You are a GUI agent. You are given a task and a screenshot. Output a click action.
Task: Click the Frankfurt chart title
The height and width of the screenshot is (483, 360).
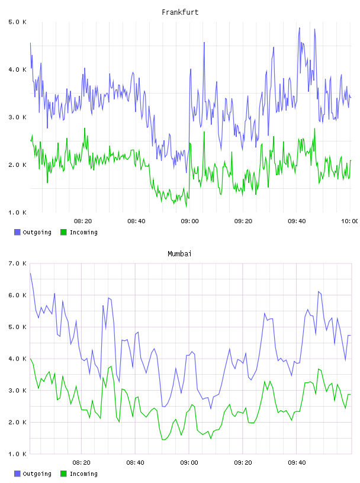180,12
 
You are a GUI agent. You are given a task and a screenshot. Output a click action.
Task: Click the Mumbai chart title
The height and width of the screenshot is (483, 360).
179,254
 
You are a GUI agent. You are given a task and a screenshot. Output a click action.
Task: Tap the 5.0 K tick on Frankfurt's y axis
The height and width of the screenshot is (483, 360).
17,22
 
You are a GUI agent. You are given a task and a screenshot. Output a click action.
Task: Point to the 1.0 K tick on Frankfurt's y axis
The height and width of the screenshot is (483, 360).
17,212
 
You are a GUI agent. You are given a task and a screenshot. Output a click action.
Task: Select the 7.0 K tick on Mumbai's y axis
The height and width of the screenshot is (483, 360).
17,263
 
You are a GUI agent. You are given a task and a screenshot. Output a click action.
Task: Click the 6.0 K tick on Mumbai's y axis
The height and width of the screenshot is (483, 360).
17,295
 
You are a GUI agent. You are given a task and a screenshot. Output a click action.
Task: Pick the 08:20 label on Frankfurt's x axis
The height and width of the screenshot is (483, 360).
83,221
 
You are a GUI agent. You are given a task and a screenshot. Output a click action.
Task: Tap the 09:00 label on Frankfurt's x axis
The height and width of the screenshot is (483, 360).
189,221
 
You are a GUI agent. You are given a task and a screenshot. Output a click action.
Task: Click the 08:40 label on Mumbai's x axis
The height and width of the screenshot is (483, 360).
135,463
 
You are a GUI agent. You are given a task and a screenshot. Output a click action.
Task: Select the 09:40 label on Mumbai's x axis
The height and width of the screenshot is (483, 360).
297,463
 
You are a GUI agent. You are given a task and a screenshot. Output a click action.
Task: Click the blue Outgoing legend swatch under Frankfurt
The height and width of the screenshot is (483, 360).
17,232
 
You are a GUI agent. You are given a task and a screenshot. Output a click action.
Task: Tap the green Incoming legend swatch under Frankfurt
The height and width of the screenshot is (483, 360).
63,232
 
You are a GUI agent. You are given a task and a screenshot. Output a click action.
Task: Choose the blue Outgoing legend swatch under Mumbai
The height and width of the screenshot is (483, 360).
17,474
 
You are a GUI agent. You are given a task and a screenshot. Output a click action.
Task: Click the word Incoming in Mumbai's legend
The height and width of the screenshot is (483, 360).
83,474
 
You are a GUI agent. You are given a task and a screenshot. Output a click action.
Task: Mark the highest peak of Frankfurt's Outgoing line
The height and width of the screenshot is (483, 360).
299,28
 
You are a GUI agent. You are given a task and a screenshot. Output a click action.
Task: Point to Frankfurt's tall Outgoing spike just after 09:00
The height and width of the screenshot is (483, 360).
204,43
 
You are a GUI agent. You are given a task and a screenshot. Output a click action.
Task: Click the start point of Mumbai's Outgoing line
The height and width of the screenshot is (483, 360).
30,273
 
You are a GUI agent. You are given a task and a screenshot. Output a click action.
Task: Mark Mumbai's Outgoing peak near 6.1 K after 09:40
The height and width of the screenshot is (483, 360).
319,291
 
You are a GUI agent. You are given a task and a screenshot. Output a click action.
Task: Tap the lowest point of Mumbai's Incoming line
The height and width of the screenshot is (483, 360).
163,440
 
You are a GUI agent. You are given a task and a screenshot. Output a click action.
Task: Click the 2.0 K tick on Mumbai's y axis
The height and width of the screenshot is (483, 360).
17,422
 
